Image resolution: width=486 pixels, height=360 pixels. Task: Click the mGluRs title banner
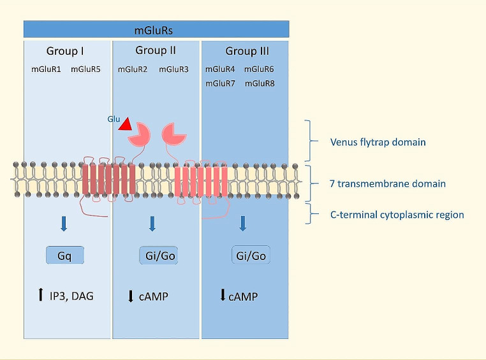pos(156,29)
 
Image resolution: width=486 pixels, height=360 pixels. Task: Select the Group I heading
pos(65,51)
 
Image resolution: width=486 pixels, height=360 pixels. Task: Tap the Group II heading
pos(156,50)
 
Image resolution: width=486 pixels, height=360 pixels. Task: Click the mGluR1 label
pos(46,69)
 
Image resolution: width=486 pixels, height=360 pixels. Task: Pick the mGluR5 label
pos(85,69)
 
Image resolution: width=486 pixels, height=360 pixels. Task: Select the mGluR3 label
pos(173,69)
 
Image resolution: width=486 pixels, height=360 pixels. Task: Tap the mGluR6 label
pos(260,69)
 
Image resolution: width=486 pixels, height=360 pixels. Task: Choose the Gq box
pos(65,256)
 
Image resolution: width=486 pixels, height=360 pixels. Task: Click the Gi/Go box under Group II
pos(157,256)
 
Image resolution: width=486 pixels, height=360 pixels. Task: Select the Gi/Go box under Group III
pos(249,256)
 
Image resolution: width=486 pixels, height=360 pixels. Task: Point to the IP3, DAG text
pos(71,295)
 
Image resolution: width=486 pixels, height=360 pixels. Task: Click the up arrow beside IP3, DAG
pos(41,294)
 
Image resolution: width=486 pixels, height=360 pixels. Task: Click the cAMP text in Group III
pos(243,296)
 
